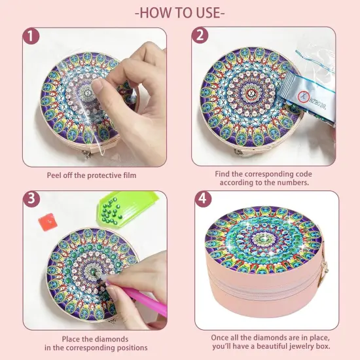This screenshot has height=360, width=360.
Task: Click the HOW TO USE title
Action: click(x=179, y=12)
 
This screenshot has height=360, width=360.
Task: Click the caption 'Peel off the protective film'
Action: click(x=91, y=175)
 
